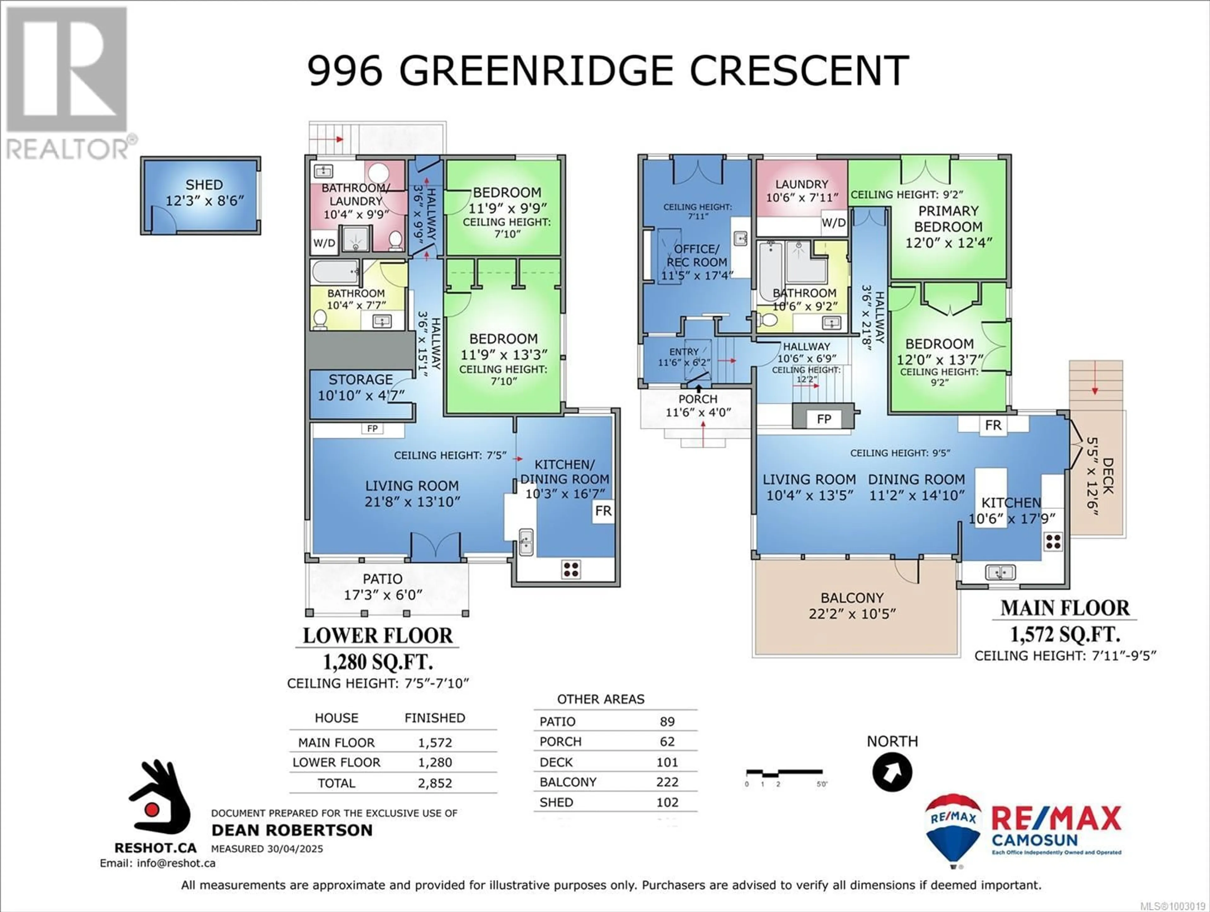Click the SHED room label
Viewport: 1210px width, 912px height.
(204, 185)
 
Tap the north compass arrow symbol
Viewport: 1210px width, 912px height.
(892, 772)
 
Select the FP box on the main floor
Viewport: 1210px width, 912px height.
(824, 419)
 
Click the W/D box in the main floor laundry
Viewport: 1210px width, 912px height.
(834, 223)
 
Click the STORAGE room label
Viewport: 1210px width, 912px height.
(360, 380)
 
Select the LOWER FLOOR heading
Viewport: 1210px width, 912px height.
(378, 636)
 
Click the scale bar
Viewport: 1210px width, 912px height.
(784, 773)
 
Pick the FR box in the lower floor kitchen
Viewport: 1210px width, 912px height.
(603, 511)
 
